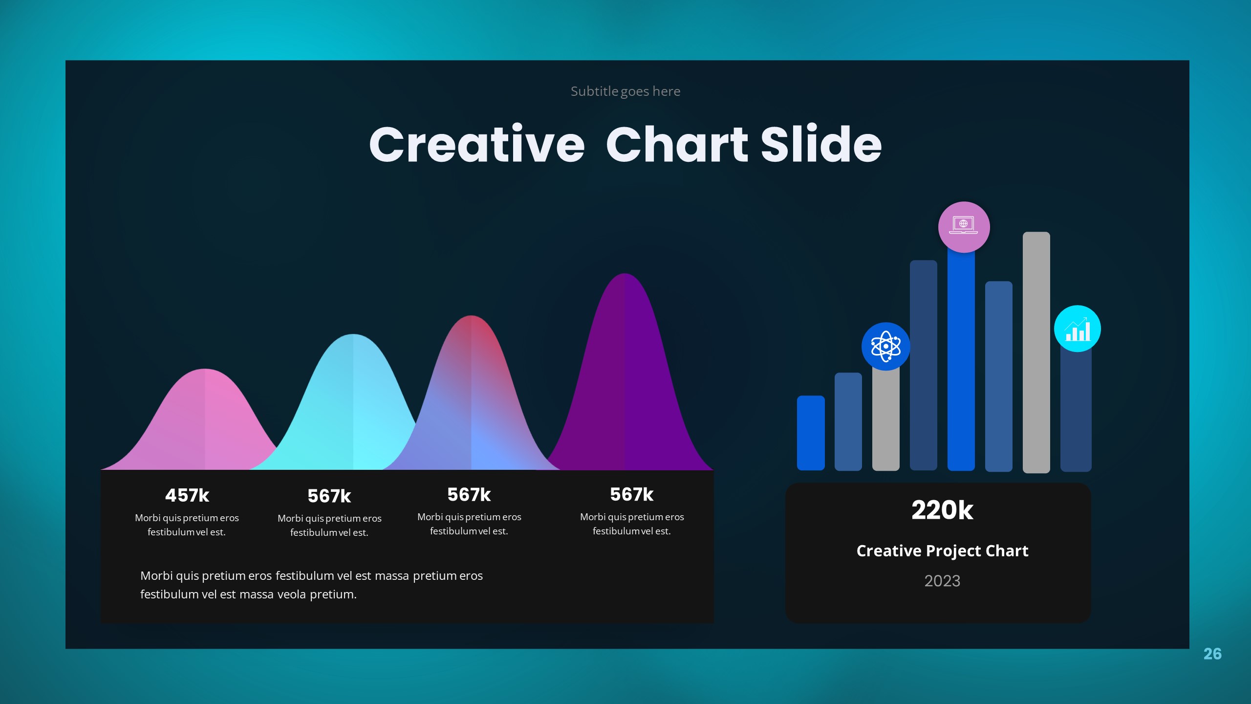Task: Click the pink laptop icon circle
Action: pyautogui.click(x=964, y=227)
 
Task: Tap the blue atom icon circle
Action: pyautogui.click(x=885, y=346)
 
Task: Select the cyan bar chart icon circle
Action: pyautogui.click(x=1077, y=329)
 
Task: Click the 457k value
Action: pyautogui.click(x=187, y=495)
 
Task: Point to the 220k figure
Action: pyautogui.click(x=942, y=510)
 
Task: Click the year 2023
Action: pyautogui.click(x=942, y=581)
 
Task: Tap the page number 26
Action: pyautogui.click(x=1212, y=654)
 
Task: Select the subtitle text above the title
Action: pyautogui.click(x=625, y=91)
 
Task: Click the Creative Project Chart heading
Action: pyautogui.click(x=942, y=550)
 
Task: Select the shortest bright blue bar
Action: pyautogui.click(x=811, y=433)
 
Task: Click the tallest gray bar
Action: pyautogui.click(x=1036, y=352)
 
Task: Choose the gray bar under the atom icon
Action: pyautogui.click(x=885, y=420)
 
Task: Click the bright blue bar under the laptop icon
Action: pyautogui.click(x=961, y=362)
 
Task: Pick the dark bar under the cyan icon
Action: pyautogui.click(x=1076, y=411)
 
